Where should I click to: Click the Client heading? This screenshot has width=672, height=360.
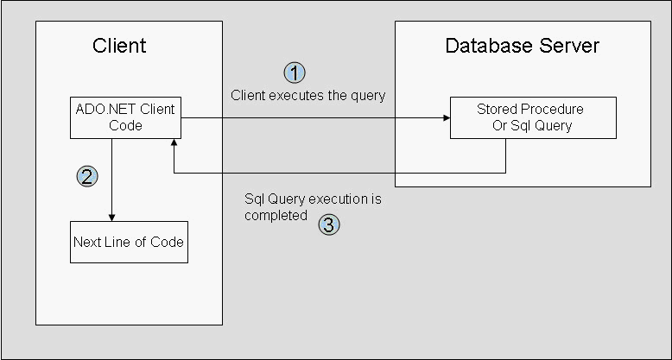119,46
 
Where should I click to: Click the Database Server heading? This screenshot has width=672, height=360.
522,46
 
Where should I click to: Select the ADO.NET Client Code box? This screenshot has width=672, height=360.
125,117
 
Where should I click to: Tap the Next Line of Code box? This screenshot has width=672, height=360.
128,242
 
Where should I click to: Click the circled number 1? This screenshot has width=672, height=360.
295,72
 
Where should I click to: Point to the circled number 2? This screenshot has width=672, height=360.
87,176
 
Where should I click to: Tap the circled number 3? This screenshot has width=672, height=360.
329,225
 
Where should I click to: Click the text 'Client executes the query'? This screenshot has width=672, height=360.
307,95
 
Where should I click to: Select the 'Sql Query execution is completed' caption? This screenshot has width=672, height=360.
313,207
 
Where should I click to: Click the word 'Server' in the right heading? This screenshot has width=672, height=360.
572,46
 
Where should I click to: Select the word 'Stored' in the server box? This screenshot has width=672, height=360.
495,110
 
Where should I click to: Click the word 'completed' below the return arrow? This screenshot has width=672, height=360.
276,215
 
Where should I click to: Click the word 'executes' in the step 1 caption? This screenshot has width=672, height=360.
291,95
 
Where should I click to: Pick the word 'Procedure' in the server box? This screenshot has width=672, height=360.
549,110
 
